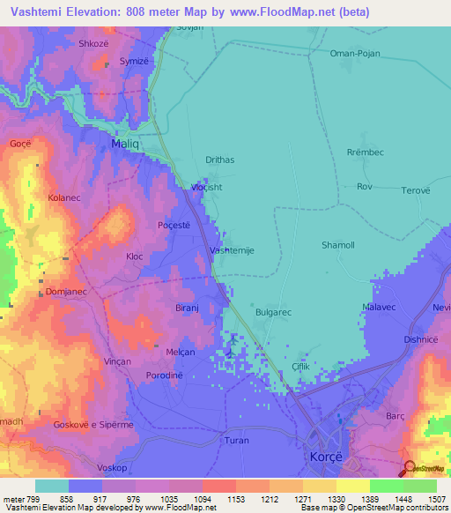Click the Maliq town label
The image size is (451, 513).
coord(127,142)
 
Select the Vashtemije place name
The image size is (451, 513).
coord(233,250)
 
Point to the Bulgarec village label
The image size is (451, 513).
coord(273,312)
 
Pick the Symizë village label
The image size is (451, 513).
coord(136,62)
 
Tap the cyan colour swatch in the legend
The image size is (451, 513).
coord(51,486)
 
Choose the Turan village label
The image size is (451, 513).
coord(237,440)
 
